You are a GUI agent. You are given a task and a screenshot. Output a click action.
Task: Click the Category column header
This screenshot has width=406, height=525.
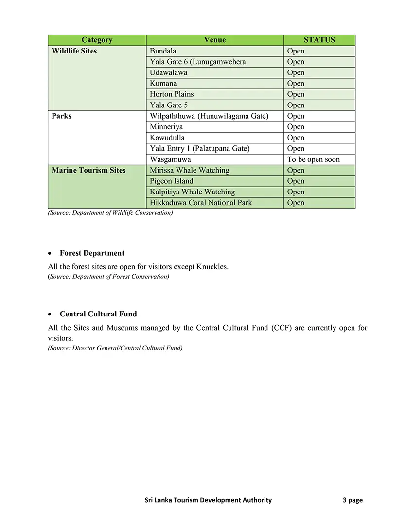[97, 40]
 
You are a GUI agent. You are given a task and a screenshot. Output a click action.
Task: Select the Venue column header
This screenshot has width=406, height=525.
[214, 40]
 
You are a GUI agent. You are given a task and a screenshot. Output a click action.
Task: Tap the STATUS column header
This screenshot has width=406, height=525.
[319, 40]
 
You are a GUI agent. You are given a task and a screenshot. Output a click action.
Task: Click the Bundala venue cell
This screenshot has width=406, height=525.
[163, 51]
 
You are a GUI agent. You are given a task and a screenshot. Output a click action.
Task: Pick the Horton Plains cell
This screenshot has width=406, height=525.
[172, 94]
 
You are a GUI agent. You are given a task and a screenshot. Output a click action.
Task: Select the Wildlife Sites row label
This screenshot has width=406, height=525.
[74, 51]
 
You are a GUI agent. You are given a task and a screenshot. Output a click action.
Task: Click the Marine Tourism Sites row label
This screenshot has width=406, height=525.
[88, 170]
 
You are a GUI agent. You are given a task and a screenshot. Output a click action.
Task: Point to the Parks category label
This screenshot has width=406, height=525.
[62, 116]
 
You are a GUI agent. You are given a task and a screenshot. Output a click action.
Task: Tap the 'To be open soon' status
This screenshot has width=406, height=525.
[314, 159]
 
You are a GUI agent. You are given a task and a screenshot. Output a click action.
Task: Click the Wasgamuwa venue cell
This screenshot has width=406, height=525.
[170, 159]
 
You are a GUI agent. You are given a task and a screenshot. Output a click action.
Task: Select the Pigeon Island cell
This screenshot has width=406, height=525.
[172, 181]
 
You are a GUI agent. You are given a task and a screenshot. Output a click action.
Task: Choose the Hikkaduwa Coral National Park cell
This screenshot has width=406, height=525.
[201, 203]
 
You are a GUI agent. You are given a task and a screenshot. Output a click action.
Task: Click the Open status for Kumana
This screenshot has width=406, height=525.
[296, 84]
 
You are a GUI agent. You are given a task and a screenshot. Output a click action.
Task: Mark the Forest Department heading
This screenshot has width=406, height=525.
[92, 253]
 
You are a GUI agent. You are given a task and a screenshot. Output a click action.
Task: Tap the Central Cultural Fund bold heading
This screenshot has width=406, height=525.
[98, 314]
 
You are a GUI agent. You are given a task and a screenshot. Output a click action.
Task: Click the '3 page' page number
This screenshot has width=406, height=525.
[353, 500]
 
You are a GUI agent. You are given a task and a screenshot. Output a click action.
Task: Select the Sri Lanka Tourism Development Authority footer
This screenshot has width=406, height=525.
[209, 500]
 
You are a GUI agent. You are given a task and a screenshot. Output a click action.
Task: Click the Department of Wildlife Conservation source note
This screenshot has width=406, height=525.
[110, 213]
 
